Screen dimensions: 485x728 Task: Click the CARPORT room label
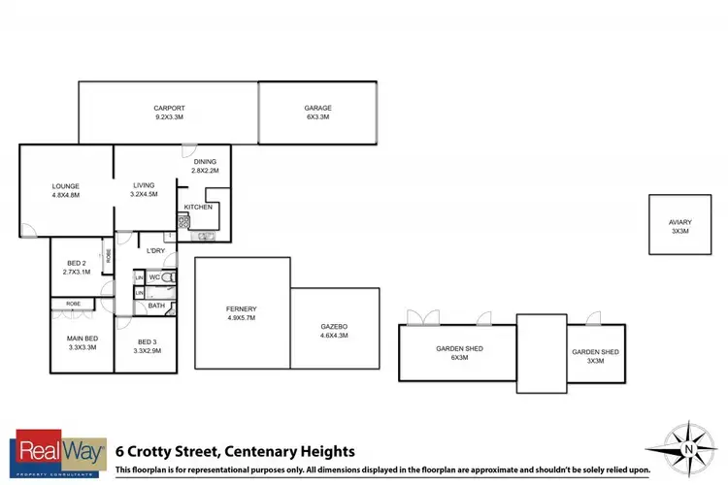pyautogui.click(x=169, y=108)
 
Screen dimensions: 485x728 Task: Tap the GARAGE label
pyautogui.click(x=317, y=108)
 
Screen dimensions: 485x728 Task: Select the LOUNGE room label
pyautogui.click(x=66, y=186)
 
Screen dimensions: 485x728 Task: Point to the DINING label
pyautogui.click(x=205, y=162)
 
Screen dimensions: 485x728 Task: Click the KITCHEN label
pyautogui.click(x=198, y=207)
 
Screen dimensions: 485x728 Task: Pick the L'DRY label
pyautogui.click(x=156, y=251)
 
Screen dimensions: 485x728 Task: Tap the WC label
pyautogui.click(x=153, y=277)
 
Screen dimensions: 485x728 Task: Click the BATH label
pyautogui.click(x=156, y=306)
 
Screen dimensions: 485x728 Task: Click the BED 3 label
pyautogui.click(x=147, y=342)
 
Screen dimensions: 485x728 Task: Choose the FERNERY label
pyautogui.click(x=241, y=308)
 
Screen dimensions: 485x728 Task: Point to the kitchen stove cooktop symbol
pyautogui.click(x=183, y=221)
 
